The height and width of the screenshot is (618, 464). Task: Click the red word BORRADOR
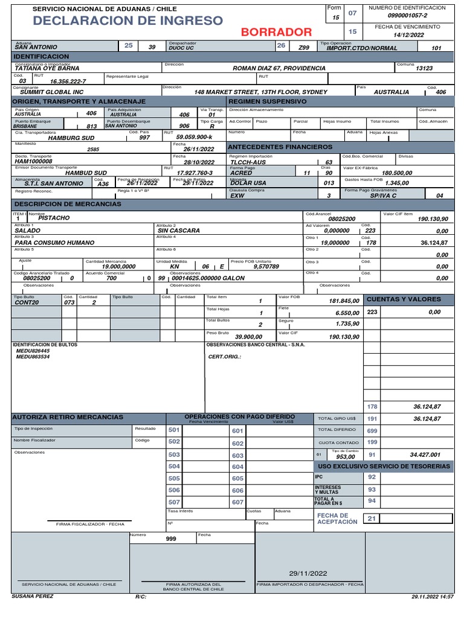(277, 32)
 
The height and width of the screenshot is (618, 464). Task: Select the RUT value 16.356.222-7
(68, 81)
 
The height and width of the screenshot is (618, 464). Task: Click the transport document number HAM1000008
(34, 162)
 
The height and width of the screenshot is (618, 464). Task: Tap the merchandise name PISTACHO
(54, 217)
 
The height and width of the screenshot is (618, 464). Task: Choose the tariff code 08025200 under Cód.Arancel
(341, 218)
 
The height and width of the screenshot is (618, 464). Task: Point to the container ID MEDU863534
(33, 357)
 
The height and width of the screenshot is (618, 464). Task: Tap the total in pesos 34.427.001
(425, 454)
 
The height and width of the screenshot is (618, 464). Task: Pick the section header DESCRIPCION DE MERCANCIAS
(67, 204)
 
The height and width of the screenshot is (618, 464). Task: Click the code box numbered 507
(174, 502)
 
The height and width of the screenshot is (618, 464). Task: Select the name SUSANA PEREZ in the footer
(32, 596)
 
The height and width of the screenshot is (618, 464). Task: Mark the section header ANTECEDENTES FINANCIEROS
(280, 147)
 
